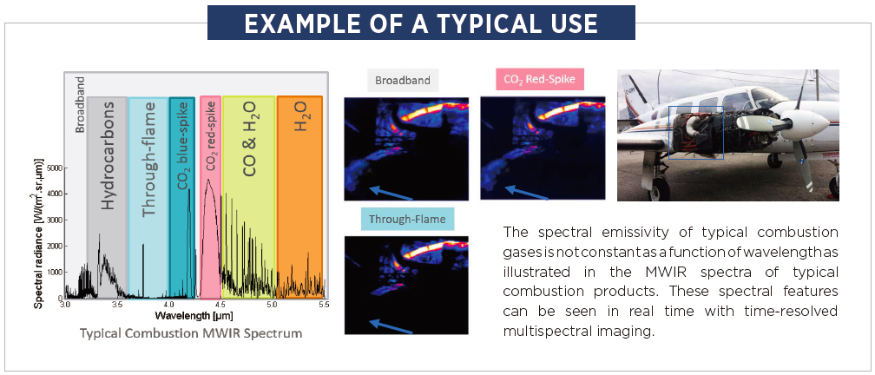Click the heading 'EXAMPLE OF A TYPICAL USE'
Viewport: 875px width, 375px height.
click(421, 23)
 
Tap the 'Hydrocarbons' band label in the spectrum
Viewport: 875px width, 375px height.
click(108, 155)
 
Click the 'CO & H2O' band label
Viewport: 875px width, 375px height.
click(249, 139)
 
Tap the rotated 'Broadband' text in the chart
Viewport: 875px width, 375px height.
click(80, 104)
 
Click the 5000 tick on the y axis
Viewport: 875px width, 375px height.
click(56, 168)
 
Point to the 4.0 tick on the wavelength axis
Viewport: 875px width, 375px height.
click(168, 305)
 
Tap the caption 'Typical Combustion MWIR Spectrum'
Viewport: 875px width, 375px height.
click(191, 333)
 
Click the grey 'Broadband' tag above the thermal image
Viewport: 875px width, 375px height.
click(403, 80)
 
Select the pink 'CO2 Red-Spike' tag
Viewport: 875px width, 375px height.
click(532, 80)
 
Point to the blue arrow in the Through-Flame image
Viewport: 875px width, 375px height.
click(391, 326)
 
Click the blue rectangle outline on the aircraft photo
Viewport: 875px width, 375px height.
click(668, 133)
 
